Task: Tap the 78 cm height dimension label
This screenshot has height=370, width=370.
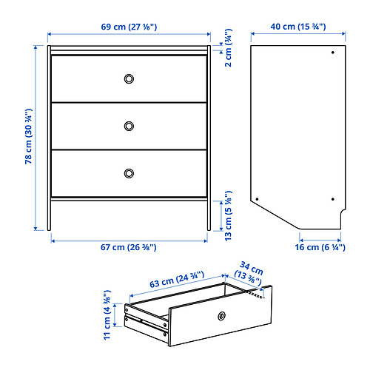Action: click(x=27, y=138)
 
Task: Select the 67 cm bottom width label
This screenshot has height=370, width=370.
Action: click(x=129, y=246)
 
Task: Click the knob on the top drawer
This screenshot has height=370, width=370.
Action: click(x=129, y=78)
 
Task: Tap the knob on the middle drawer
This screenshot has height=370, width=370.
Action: click(x=129, y=125)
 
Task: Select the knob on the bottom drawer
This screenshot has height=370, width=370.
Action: click(x=129, y=172)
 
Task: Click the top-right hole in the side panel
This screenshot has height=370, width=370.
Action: click(x=332, y=53)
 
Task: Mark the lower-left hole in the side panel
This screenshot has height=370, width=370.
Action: click(x=257, y=198)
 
